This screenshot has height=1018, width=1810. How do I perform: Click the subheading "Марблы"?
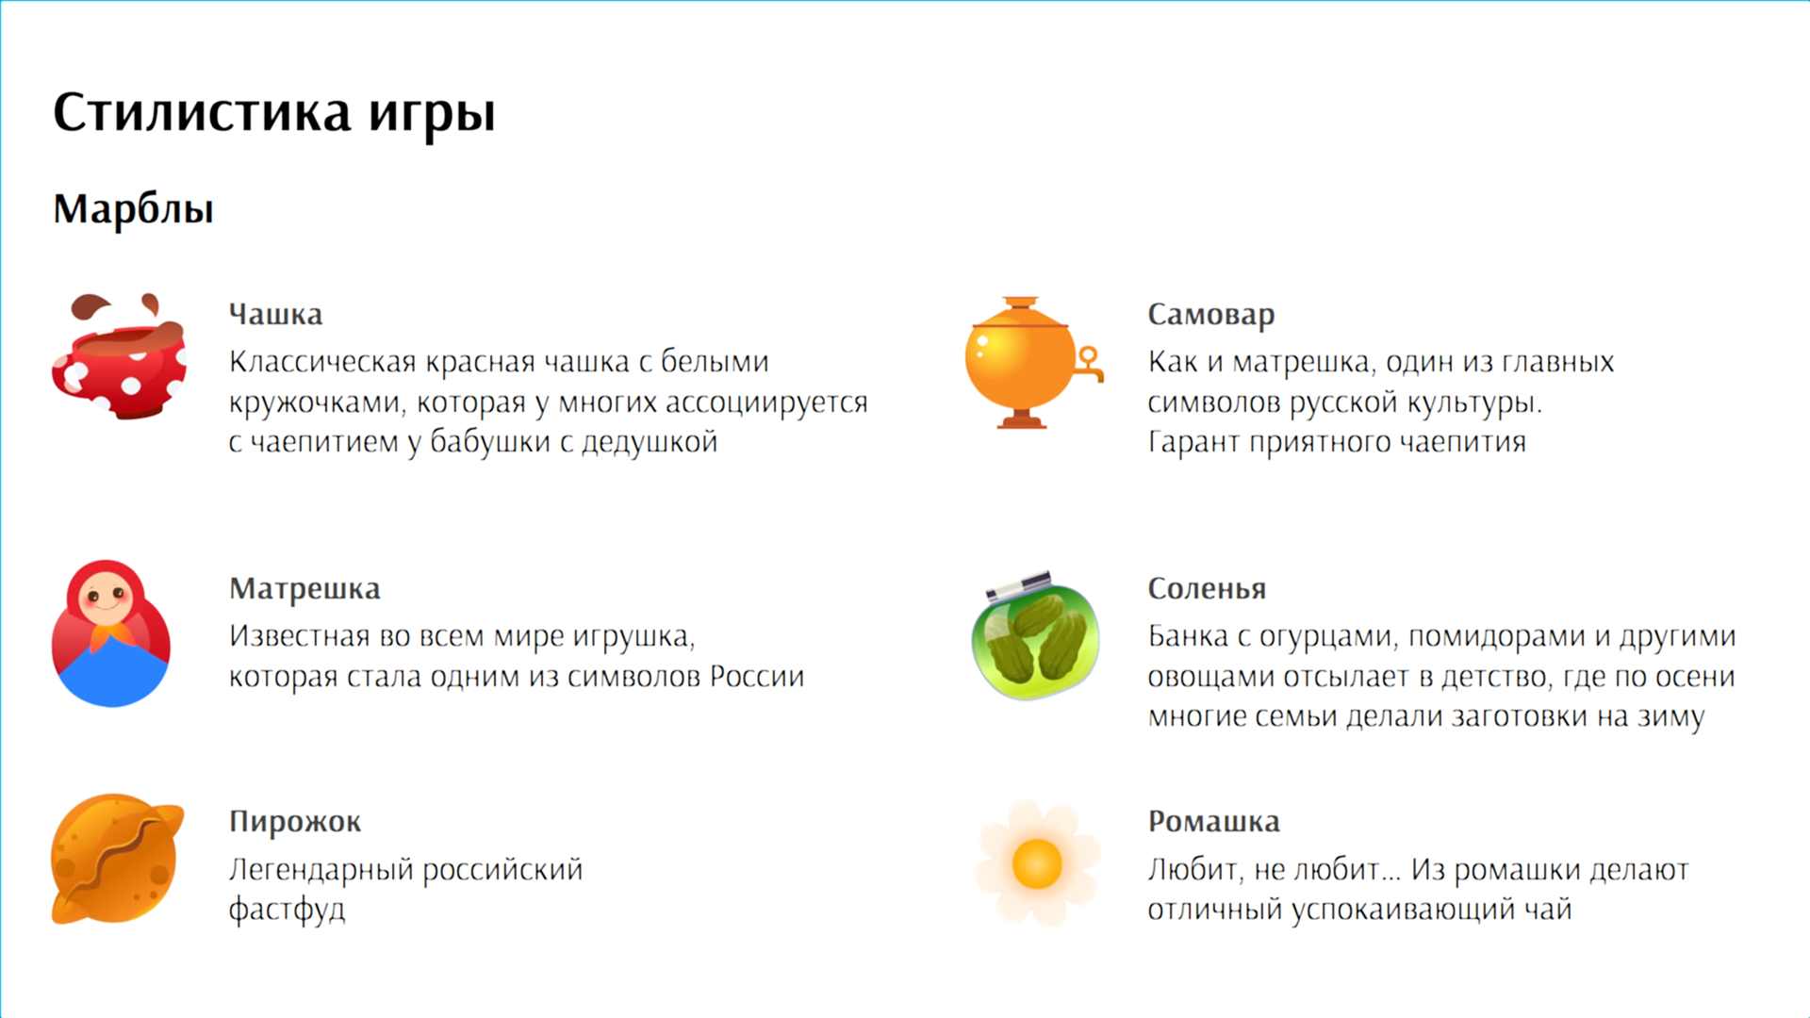coord(133,208)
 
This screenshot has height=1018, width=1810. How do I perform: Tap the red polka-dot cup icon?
coord(119,356)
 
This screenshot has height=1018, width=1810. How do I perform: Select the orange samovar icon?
coord(1033,363)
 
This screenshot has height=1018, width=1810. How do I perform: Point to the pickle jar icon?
coord(1035,634)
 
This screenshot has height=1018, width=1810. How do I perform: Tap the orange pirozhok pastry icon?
coord(117,859)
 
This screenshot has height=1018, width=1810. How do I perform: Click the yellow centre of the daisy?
coord(1037,863)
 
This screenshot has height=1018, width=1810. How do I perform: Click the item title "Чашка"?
coord(275,314)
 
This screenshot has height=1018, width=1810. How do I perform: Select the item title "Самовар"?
coord(1211,314)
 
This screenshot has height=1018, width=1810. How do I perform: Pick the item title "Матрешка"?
coord(304,588)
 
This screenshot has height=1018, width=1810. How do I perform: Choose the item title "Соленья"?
coord(1207,588)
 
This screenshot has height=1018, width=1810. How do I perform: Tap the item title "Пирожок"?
coord(295,822)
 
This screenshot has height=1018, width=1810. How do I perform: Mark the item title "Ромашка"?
coord(1214,822)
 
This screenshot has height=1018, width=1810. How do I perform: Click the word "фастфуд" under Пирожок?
coord(288,910)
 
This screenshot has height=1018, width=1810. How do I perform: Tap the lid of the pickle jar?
coord(1019,584)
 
